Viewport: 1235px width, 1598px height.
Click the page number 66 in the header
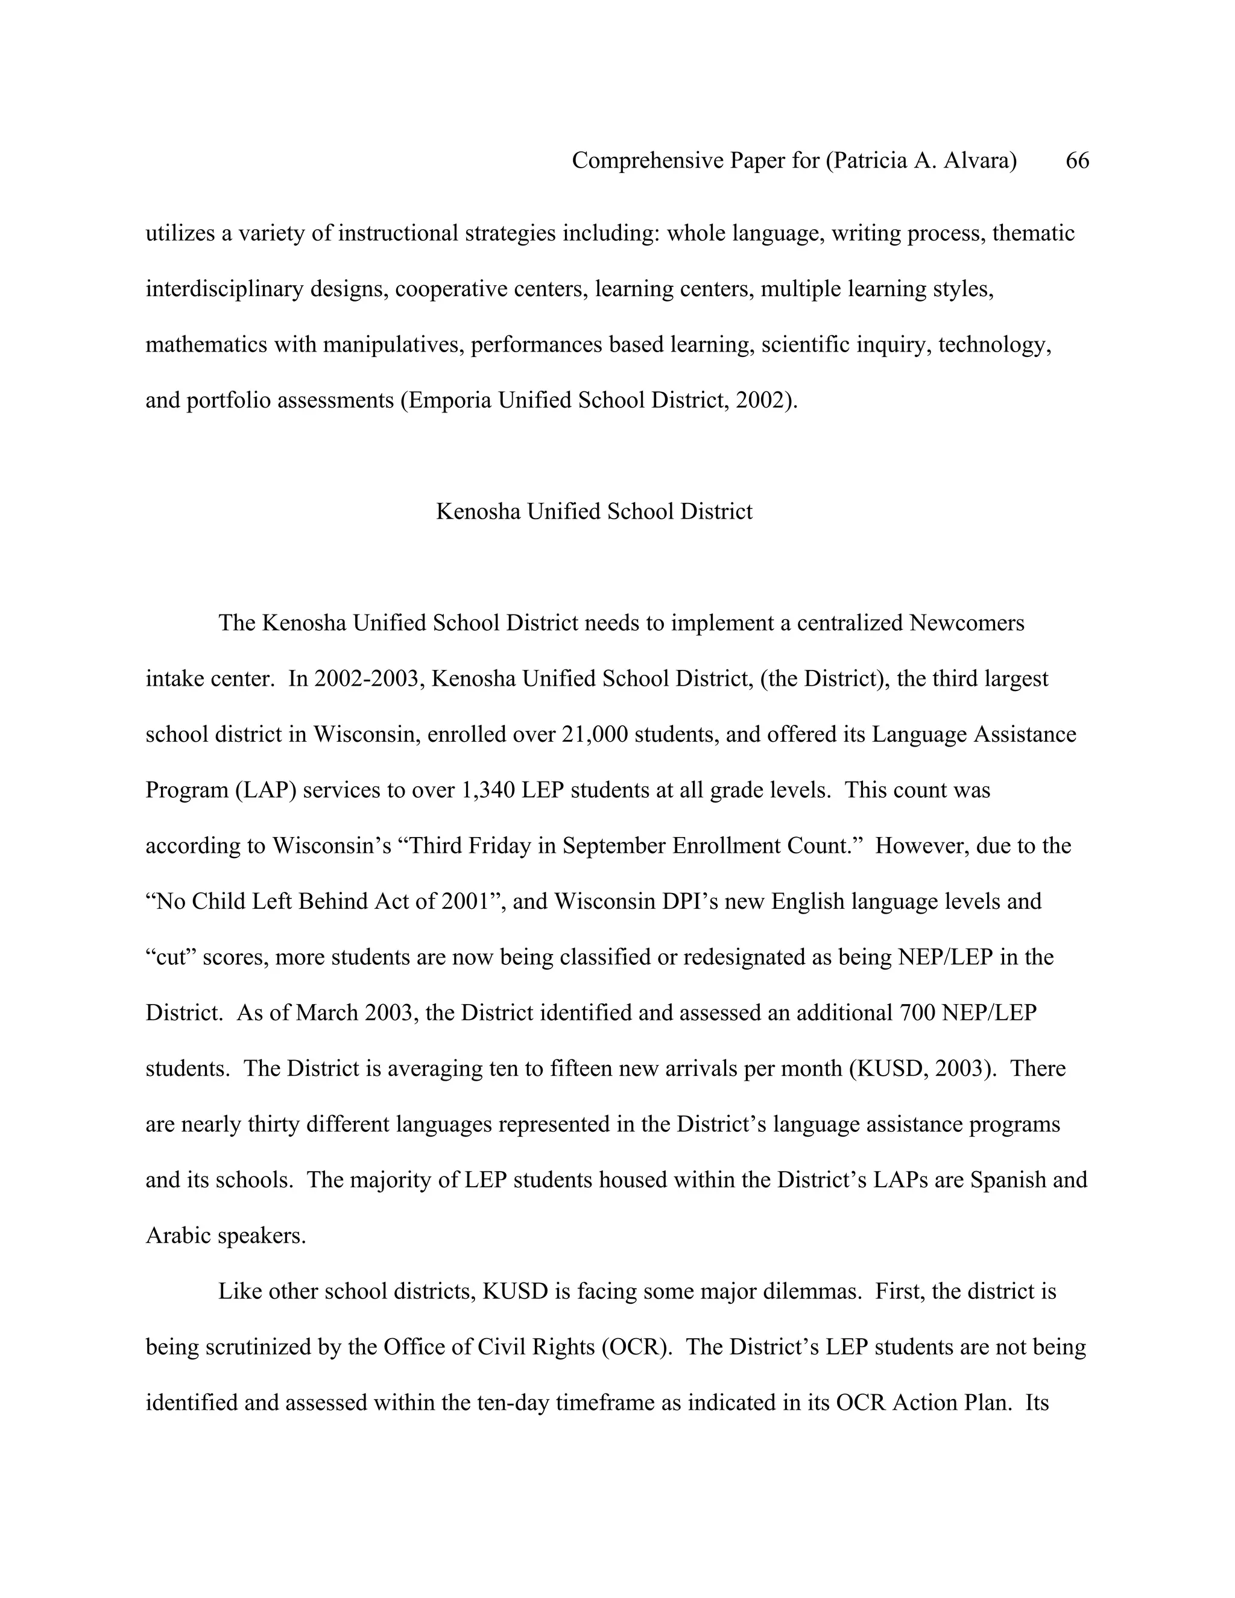(x=1077, y=160)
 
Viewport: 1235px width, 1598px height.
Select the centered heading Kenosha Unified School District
(x=594, y=511)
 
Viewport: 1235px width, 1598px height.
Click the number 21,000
(x=594, y=734)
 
